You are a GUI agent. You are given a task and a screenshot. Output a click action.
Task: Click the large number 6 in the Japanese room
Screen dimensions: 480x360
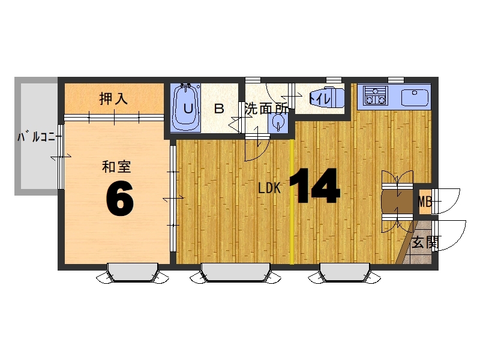tap(119, 199)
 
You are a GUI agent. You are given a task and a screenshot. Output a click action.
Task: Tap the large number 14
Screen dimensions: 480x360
tap(314, 186)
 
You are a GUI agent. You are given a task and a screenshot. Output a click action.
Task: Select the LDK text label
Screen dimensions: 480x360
tap(269, 188)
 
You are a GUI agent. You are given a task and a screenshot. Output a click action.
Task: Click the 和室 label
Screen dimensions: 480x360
tap(116, 167)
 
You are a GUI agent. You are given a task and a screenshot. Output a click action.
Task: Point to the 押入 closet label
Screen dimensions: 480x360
tap(113, 98)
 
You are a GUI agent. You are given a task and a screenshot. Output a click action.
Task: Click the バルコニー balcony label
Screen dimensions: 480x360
tap(37, 137)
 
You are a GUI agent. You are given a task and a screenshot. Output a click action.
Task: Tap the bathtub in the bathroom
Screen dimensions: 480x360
tap(186, 108)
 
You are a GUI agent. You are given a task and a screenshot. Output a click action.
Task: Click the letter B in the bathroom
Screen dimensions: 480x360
tap(219, 109)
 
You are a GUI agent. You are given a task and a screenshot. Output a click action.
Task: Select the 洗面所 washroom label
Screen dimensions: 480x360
tap(266, 109)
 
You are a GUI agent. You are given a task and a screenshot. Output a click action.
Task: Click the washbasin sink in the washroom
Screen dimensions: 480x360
tap(278, 124)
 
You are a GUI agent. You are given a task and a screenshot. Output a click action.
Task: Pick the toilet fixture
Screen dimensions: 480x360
tap(326, 98)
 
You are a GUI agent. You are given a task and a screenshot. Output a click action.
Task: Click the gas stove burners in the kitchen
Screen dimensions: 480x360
tap(376, 95)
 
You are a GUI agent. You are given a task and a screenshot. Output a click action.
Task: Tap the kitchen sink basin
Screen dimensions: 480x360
tap(415, 98)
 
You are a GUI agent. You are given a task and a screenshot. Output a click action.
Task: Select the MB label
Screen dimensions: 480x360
tap(425, 202)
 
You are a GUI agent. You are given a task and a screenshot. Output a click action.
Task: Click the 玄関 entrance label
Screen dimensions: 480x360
tap(425, 242)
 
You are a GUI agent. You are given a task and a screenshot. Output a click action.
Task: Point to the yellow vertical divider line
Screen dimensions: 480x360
tap(292, 202)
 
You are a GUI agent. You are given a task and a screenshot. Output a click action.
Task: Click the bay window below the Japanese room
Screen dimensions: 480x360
tap(132, 272)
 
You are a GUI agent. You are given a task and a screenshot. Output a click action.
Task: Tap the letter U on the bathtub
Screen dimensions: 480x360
tap(188, 109)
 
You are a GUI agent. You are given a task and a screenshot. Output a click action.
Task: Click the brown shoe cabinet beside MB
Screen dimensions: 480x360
tap(397, 202)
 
